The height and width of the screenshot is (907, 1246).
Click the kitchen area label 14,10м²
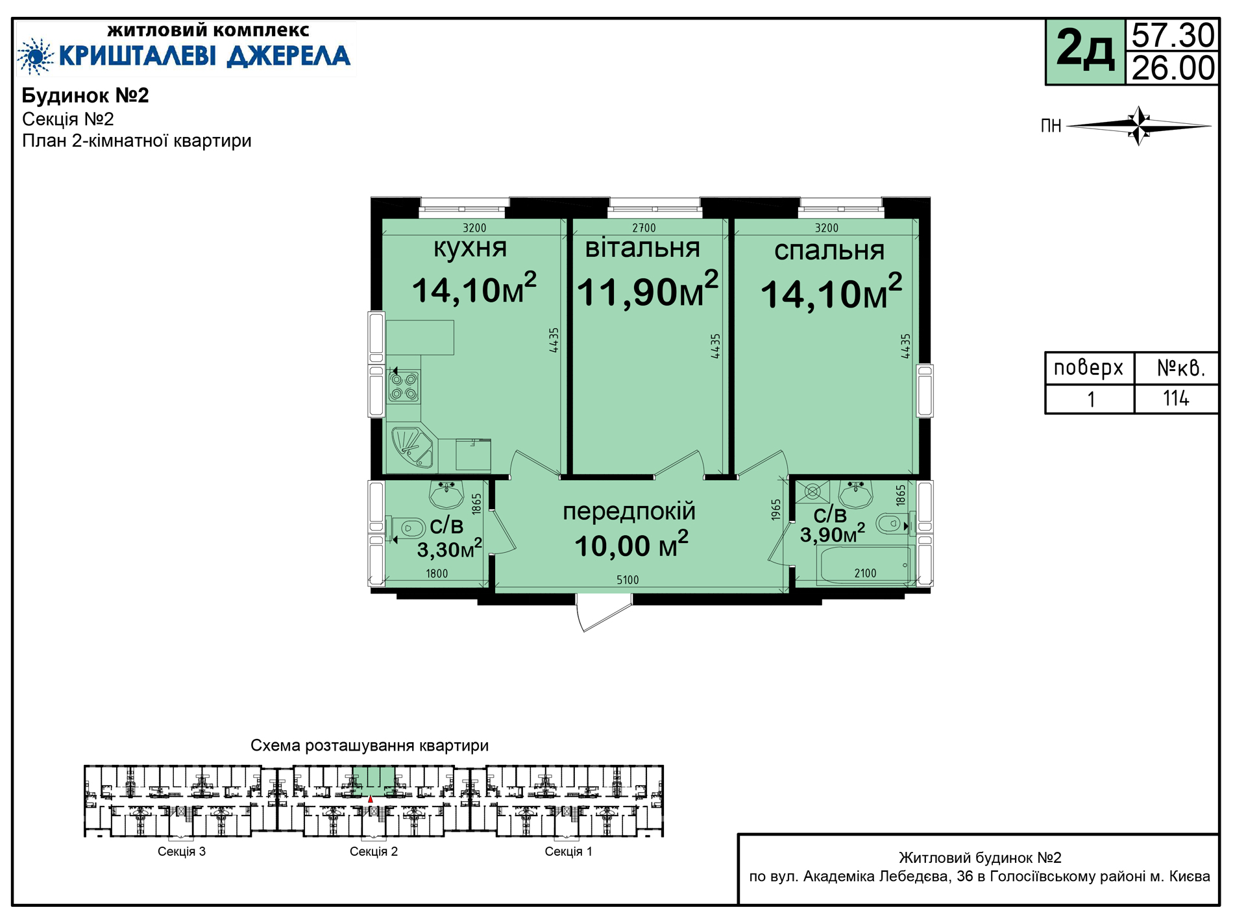pyautogui.click(x=474, y=289)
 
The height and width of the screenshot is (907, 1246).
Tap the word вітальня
pyautogui.click(x=642, y=248)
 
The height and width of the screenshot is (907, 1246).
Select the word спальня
pyautogui.click(x=829, y=250)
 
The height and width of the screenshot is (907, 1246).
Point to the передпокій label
pyautogui.click(x=629, y=512)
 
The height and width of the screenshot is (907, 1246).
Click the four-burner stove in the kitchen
pyautogui.click(x=404, y=386)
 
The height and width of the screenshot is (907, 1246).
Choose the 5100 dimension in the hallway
pyautogui.click(x=628, y=580)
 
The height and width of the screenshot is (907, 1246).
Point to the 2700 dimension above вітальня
pyautogui.click(x=644, y=228)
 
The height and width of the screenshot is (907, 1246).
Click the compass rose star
pyautogui.click(x=1139, y=125)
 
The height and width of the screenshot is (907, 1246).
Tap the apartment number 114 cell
pyautogui.click(x=1176, y=398)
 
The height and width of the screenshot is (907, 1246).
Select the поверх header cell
pyautogui.click(x=1089, y=368)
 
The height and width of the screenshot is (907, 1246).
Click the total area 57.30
pyautogui.click(x=1173, y=36)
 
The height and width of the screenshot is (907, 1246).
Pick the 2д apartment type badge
pyautogui.click(x=1085, y=52)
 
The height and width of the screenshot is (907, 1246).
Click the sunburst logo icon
pyautogui.click(x=36, y=56)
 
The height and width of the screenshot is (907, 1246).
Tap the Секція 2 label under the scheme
pyautogui.click(x=374, y=851)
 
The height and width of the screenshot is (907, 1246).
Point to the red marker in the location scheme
pyautogui.click(x=371, y=799)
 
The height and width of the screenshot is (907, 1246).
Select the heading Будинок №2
pyautogui.click(x=86, y=96)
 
